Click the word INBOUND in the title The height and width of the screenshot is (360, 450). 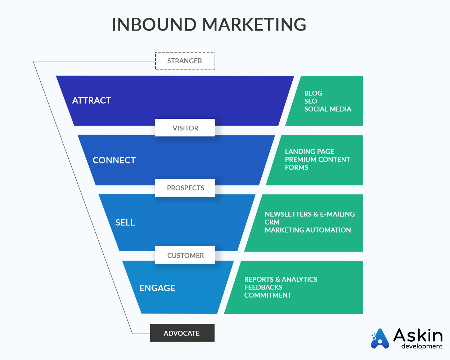click(154, 24)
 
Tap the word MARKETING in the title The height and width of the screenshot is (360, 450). click(254, 24)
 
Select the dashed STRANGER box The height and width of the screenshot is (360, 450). click(185, 61)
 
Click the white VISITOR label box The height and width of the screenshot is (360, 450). click(185, 127)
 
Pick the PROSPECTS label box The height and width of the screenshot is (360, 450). click(185, 188)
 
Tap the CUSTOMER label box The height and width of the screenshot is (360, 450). click(185, 255)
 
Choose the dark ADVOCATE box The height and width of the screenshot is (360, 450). click(182, 333)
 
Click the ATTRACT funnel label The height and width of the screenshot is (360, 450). click(91, 100)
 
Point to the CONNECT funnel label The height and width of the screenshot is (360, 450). click(114, 161)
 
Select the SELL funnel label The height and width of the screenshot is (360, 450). click(125, 222)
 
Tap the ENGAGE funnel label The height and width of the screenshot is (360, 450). click(157, 288)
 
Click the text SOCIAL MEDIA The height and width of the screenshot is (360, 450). click(328, 109)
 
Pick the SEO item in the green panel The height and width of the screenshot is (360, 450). click(311, 101)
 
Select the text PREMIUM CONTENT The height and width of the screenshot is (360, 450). click(317, 159)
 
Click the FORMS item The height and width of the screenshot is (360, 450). click(296, 167)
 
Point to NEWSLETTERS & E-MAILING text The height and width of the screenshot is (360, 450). click(310, 214)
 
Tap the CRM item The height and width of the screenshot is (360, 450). click(272, 222)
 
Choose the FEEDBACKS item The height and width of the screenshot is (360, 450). click(263, 287)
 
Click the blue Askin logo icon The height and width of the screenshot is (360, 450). click(380, 338)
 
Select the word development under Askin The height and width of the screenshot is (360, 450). click(422, 346)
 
